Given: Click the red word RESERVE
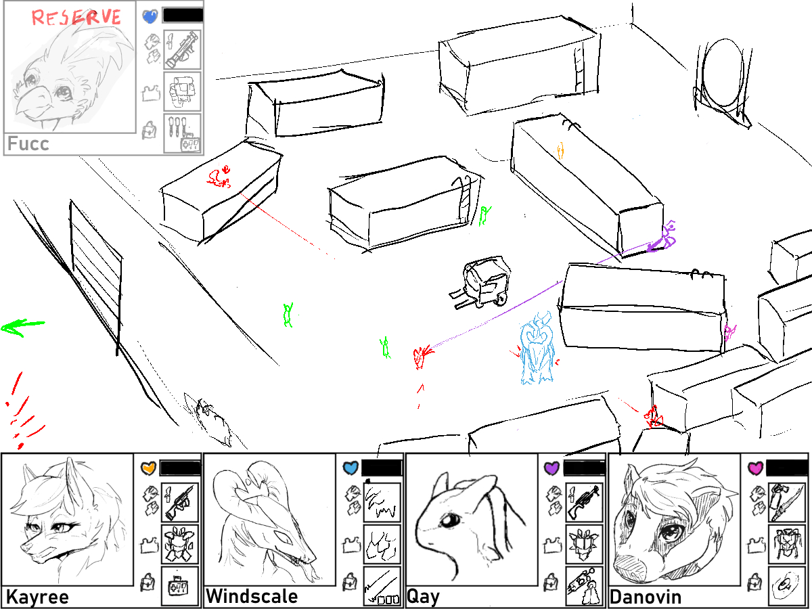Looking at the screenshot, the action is [76, 18].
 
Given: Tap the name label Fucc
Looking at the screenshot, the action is [28, 143].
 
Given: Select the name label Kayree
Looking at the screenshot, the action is [37, 597].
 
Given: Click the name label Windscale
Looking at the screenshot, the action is [252, 596].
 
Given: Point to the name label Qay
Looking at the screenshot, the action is [423, 597].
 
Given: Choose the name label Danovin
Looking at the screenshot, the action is [646, 597].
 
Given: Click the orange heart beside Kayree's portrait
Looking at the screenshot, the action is [148, 468].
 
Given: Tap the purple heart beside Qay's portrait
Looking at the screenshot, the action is [551, 468].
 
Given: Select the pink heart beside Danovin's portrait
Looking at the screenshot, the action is [755, 468].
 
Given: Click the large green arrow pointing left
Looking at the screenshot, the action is [22, 327].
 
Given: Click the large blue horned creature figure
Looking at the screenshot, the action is [537, 348].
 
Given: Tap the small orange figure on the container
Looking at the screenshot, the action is [560, 150].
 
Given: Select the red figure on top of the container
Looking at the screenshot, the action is [219, 177].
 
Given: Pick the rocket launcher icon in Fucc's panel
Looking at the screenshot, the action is [182, 49].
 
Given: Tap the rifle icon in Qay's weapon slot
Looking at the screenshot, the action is [584, 501].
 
